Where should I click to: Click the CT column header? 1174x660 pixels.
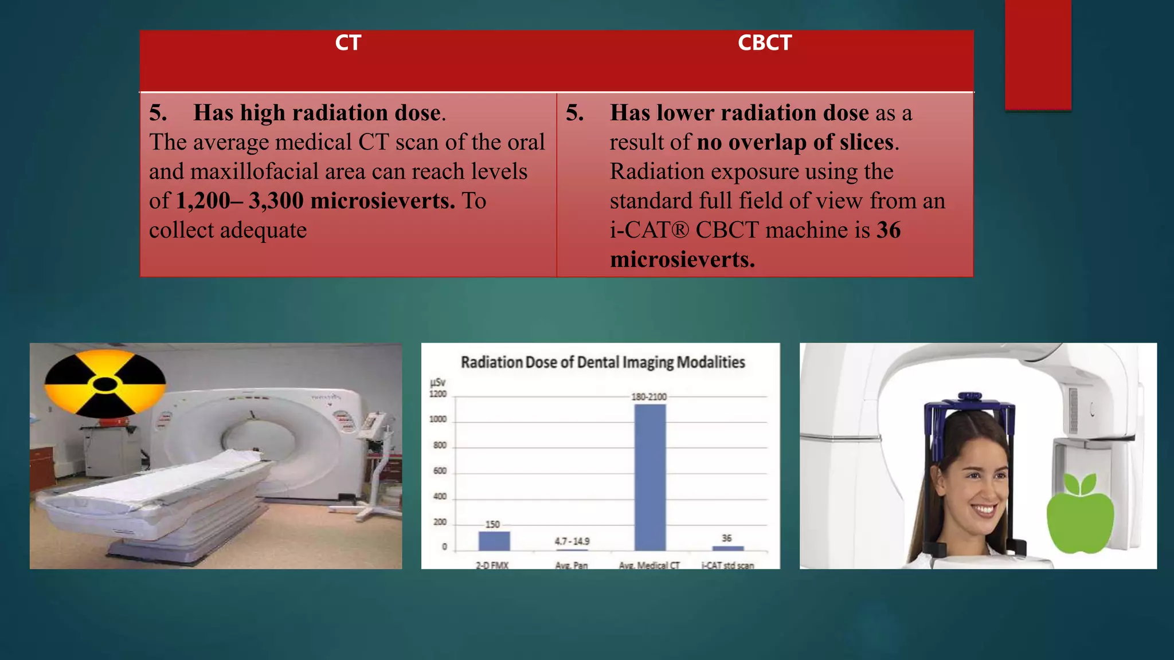click(x=348, y=43)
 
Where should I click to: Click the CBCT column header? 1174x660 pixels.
click(x=764, y=43)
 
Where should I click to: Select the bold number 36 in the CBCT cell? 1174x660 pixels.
click(x=889, y=230)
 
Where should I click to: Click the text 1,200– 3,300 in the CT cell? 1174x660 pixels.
click(x=240, y=201)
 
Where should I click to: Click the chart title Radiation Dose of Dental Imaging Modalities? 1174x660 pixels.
click(x=602, y=363)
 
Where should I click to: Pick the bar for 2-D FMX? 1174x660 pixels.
click(x=494, y=541)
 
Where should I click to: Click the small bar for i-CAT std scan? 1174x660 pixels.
click(x=727, y=548)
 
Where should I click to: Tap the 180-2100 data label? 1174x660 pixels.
click(x=649, y=397)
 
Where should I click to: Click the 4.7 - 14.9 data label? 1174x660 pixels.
click(x=572, y=541)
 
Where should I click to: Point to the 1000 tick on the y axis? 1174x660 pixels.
click(x=438, y=419)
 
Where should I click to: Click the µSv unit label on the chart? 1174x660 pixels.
click(x=437, y=382)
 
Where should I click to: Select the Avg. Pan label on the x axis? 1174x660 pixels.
click(x=572, y=565)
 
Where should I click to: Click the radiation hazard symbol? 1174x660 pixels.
click(x=105, y=384)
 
